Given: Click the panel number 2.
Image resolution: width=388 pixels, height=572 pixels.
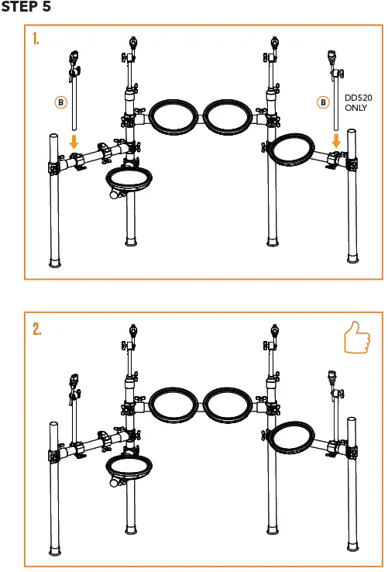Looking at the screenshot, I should point(36,329).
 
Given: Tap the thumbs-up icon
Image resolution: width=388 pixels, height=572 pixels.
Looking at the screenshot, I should point(357,339).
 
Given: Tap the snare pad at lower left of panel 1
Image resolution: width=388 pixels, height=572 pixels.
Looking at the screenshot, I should point(128,180).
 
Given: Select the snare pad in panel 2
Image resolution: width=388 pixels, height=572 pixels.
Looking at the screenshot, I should point(129,468).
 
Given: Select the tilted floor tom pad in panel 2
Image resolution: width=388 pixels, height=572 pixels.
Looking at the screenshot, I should point(293,438).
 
